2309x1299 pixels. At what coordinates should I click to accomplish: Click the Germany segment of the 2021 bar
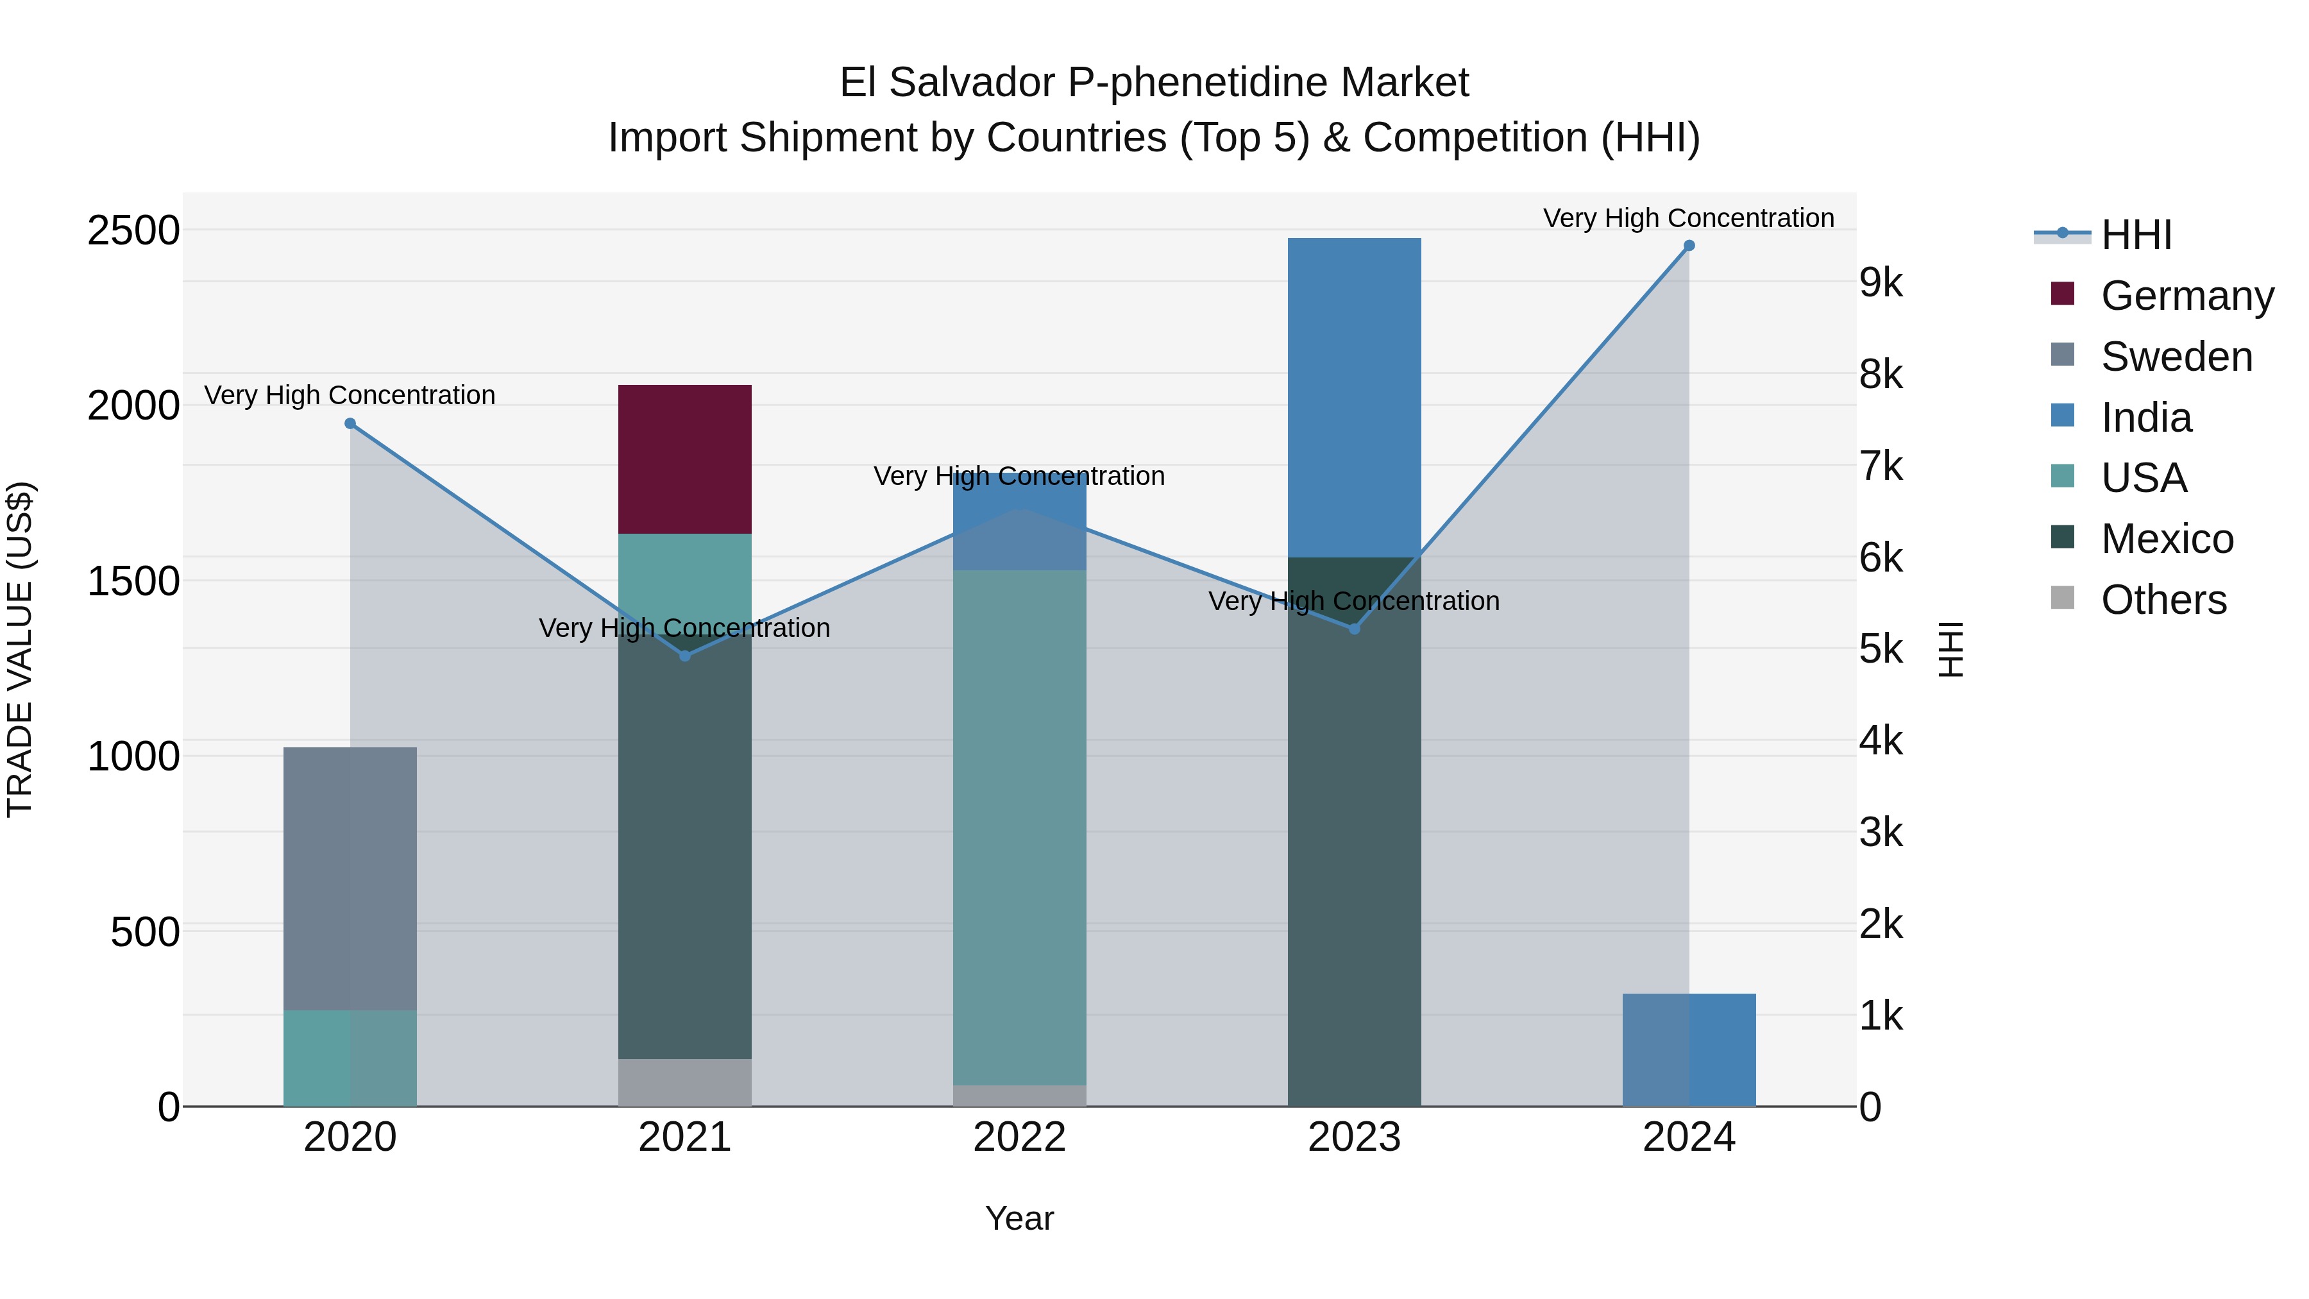[x=685, y=459]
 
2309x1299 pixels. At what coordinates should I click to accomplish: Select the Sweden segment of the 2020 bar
[x=350, y=879]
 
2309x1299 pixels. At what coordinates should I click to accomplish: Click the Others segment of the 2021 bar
[x=685, y=1082]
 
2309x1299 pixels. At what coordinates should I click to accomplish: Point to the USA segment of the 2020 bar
[x=350, y=1058]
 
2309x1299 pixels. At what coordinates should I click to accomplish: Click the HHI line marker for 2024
[x=1689, y=246]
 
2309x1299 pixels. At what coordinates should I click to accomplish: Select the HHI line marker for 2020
[x=350, y=424]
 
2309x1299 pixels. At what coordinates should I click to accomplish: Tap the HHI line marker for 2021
[x=685, y=656]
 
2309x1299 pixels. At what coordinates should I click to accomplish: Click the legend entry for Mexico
[x=2167, y=539]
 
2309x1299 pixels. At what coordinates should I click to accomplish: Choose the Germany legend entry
[x=2186, y=296]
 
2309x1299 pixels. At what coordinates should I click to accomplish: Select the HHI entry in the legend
[x=2135, y=235]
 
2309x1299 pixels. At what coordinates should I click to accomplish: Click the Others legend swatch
[x=2063, y=598]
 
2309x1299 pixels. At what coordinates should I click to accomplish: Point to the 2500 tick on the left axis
[x=133, y=230]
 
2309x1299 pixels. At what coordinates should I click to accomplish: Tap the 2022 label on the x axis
[x=1019, y=1137]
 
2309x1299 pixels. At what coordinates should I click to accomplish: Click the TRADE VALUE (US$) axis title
[x=20, y=649]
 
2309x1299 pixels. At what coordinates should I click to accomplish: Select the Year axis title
[x=1019, y=1218]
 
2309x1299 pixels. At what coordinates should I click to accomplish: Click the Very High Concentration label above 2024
[x=1688, y=218]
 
